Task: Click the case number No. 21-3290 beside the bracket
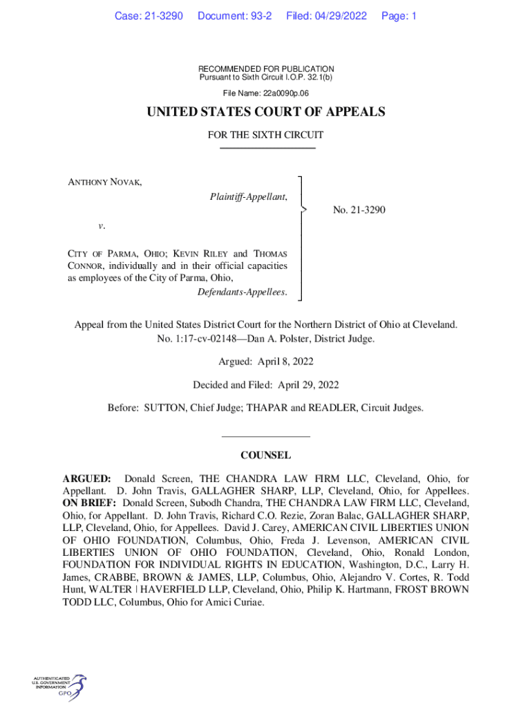359,209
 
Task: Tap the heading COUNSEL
265,456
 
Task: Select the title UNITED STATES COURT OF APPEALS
266,112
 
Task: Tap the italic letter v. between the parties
101,225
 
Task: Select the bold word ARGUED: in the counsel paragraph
86,478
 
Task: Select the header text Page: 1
399,15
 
